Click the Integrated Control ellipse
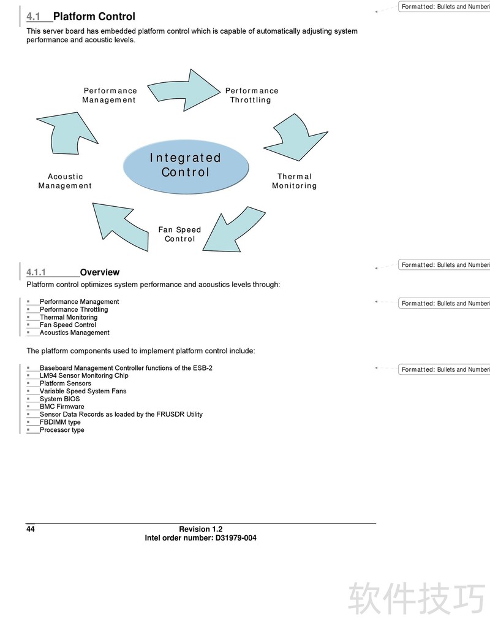click(x=186, y=166)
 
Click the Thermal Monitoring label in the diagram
click(x=294, y=181)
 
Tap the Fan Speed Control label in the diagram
click(x=179, y=234)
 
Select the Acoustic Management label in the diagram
click(x=65, y=181)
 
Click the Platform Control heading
click(x=94, y=17)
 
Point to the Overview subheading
click(x=100, y=272)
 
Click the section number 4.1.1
click(x=36, y=272)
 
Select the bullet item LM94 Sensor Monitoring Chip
click(x=84, y=375)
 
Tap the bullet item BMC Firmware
click(x=62, y=406)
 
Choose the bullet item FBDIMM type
click(x=60, y=422)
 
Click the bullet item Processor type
click(x=62, y=430)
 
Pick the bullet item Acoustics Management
click(x=75, y=333)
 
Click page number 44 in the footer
click(x=31, y=529)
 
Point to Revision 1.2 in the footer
click(x=200, y=529)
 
